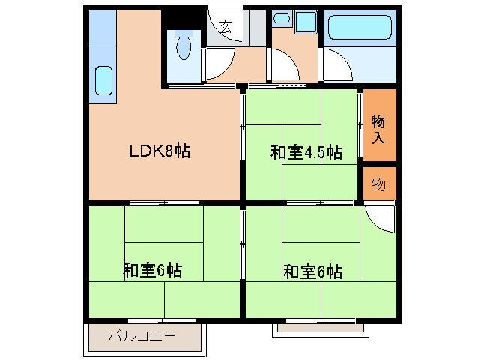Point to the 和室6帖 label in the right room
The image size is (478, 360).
coord(313,271)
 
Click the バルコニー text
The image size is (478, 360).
coord(142,334)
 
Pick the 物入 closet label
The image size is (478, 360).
coord(378,129)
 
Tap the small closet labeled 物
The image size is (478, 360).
coord(379,184)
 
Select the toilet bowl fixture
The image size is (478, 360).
coord(183,47)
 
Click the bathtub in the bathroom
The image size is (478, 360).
coord(360,29)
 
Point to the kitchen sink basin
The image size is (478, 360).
coord(103,80)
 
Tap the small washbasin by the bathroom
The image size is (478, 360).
coord(282,17)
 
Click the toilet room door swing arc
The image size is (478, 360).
coord(217,64)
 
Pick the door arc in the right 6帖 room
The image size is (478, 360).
coord(381,219)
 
